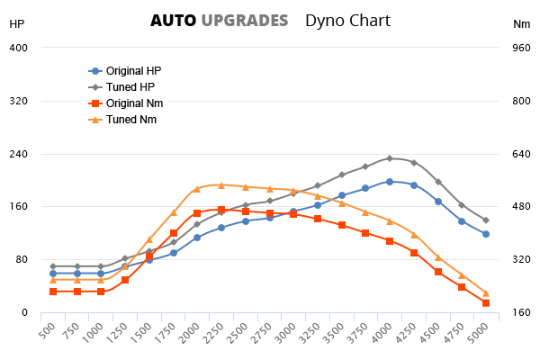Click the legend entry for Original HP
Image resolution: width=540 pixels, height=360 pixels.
(133, 70)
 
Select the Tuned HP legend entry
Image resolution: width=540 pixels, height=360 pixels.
(130, 86)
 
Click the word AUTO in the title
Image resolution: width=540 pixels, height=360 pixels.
(172, 20)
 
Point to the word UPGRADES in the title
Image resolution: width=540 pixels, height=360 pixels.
(245, 20)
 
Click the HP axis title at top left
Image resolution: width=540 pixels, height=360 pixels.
(17, 24)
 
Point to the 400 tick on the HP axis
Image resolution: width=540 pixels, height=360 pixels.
(19, 48)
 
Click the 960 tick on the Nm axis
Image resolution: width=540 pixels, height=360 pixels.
(520, 48)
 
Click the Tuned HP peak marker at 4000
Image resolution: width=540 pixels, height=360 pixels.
(390, 158)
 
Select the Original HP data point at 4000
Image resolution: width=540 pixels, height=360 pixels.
(390, 182)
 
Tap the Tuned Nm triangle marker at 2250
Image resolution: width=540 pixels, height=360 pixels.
(221, 185)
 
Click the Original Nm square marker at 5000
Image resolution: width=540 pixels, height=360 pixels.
(486, 303)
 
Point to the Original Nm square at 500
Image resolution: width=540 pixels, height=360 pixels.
(53, 292)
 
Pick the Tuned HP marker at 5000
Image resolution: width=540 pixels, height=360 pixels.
(486, 220)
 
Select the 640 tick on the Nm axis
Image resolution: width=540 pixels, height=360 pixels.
(520, 154)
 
